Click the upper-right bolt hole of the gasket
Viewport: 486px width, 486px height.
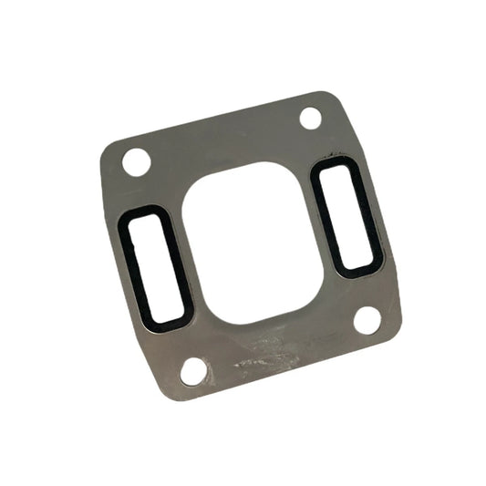[x=310, y=118]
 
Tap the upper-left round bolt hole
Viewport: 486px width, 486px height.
[x=136, y=162]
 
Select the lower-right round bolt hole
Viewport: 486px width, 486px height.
[x=367, y=320]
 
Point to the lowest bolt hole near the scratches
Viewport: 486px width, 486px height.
[x=193, y=370]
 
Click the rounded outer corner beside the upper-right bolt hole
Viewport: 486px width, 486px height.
[x=329, y=98]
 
